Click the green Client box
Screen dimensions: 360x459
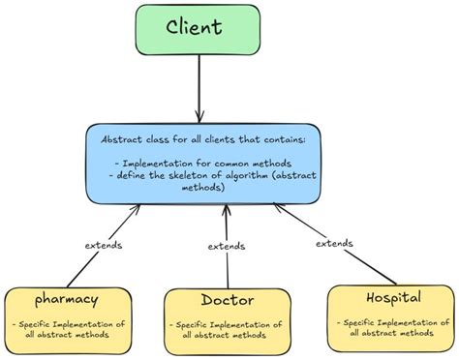199,30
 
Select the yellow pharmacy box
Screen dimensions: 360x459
69,320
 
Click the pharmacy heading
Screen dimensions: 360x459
67,299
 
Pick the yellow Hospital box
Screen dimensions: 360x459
389,317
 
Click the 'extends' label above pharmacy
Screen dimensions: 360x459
103,245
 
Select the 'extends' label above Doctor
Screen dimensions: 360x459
227,247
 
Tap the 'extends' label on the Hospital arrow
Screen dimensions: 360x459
335,243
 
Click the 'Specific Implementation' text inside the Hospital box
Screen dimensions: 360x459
389,321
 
